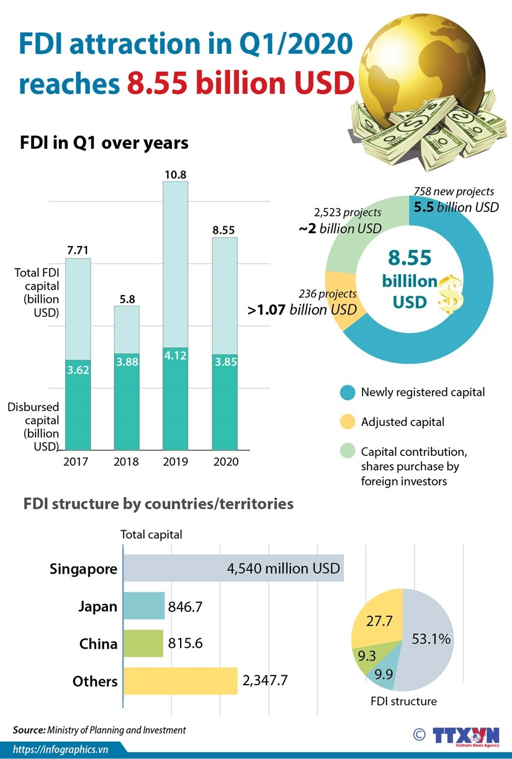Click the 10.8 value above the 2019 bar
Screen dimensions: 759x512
176,175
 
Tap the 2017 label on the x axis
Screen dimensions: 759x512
76,462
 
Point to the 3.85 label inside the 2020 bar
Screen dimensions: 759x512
225,361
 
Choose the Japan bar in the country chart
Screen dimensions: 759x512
144,606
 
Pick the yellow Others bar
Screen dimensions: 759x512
181,681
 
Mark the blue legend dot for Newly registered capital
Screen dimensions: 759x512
348,392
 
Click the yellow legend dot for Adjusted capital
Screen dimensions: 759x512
348,422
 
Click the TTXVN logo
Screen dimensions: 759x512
466,735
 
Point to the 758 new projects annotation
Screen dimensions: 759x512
454,191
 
